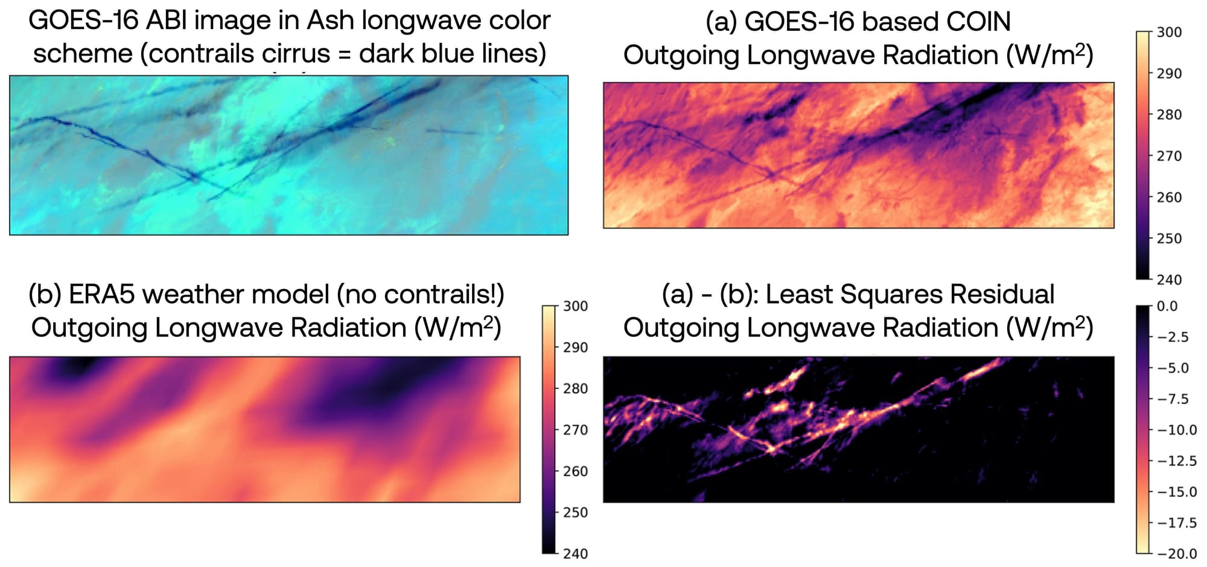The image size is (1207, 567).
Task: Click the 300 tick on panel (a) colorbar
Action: click(x=1169, y=32)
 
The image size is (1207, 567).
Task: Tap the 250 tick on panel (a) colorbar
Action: click(x=1169, y=239)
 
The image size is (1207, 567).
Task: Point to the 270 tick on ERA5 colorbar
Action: click(x=575, y=430)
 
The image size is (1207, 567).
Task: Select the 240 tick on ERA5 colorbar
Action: click(x=575, y=553)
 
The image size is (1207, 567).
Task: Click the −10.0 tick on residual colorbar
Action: click(x=1176, y=430)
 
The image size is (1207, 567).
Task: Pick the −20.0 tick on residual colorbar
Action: click(x=1176, y=553)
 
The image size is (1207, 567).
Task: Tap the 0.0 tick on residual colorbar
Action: click(x=1167, y=306)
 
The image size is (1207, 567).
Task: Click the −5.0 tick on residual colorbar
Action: click(x=1173, y=368)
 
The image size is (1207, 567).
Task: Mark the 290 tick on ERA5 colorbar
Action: click(x=575, y=348)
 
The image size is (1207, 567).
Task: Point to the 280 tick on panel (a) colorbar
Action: click(x=1169, y=115)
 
